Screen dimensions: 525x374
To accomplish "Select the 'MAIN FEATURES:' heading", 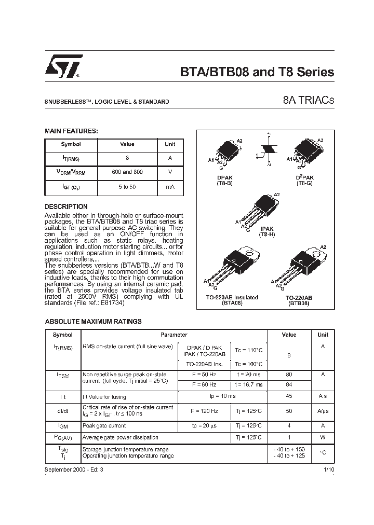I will point(71,131).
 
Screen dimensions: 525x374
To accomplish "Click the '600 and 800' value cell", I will point(127,172).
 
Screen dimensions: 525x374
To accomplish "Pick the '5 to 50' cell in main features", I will point(127,186).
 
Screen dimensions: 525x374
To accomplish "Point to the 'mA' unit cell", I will point(170,186).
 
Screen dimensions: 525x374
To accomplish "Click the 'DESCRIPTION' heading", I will point(66,206).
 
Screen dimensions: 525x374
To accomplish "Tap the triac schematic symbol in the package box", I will point(269,150).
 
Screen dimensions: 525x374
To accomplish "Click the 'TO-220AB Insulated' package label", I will point(232,298).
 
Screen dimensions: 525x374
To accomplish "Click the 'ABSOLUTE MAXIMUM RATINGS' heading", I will point(93,322).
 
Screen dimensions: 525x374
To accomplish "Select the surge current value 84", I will point(289,384).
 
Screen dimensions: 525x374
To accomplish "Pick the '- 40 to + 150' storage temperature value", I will point(289,449).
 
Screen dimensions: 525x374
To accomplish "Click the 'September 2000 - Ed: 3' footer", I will point(74,469).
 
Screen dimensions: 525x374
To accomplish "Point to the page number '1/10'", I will point(329,469).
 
